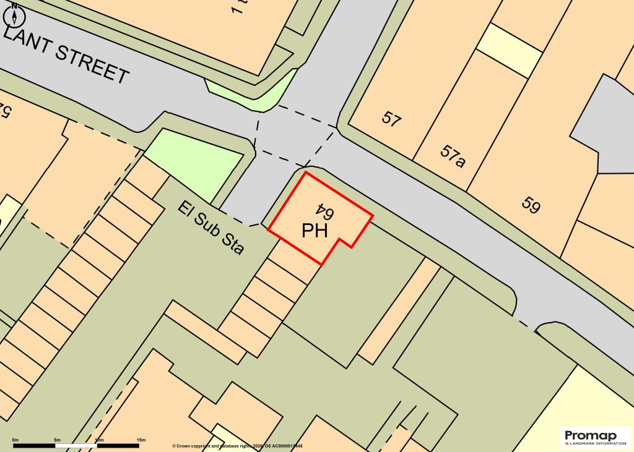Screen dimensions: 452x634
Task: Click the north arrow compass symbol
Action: click(14, 15)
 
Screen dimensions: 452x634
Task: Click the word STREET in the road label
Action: click(92, 66)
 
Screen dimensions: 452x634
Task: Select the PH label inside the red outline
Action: click(315, 231)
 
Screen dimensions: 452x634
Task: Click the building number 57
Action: click(391, 117)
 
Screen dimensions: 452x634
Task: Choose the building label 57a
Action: click(453, 156)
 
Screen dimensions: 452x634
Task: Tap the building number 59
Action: click(530, 205)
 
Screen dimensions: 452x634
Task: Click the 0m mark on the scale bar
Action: click(15, 440)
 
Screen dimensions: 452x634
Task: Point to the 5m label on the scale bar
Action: click(57, 440)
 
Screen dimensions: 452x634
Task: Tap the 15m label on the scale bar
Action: click(141, 440)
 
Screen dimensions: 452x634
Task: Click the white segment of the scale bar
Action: click(77, 445)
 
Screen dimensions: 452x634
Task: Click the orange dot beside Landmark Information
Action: click(567, 443)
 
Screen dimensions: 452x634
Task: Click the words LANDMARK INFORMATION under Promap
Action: click(596, 443)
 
